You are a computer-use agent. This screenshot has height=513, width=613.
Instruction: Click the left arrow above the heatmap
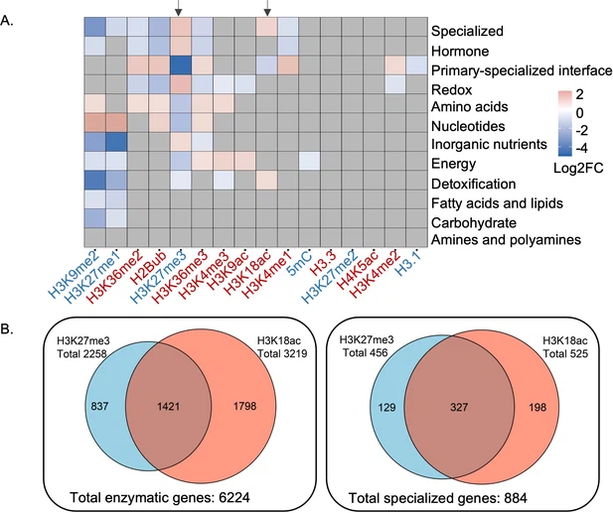(x=179, y=9)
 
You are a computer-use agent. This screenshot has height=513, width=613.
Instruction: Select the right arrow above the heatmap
(x=267, y=9)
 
